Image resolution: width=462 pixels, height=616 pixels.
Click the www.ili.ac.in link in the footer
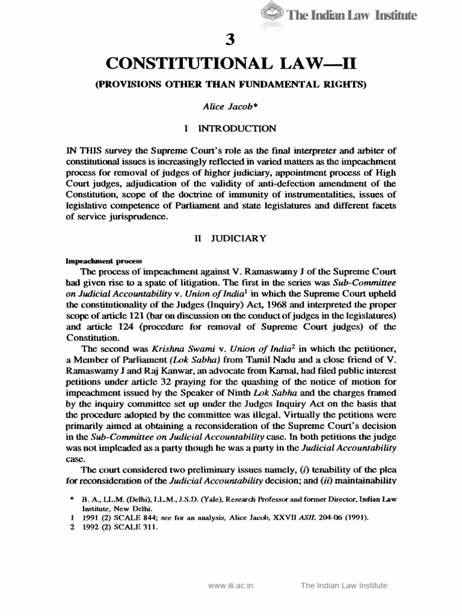[232, 585]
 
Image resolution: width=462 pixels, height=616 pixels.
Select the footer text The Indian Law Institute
[344, 585]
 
